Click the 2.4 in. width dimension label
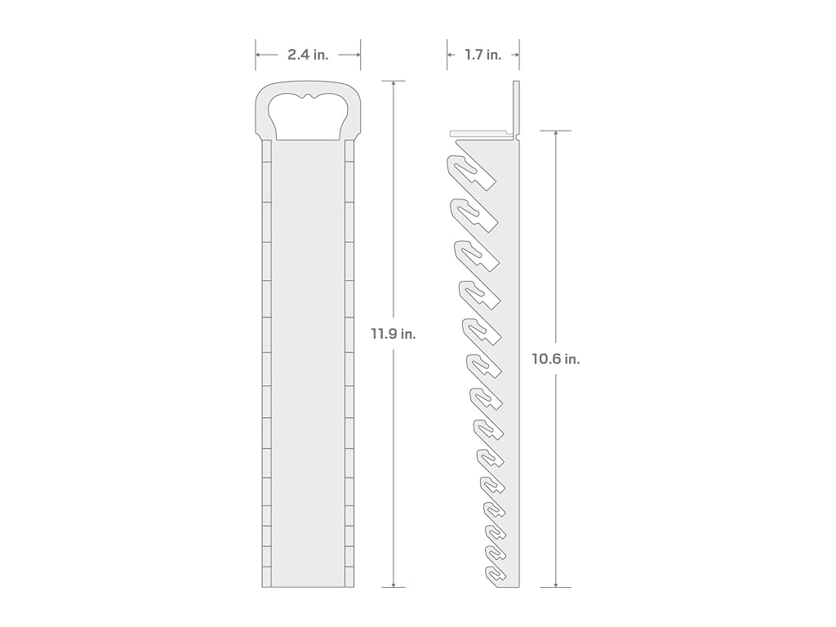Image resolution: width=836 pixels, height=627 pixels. (308, 55)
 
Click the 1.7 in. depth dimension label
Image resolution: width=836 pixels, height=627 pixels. (483, 55)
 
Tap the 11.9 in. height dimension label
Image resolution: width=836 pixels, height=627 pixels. (394, 334)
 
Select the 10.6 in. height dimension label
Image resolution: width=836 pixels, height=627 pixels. (555, 359)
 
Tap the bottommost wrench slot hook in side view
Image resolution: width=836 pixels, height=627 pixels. (496, 574)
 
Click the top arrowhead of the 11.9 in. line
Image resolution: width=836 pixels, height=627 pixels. (394, 84)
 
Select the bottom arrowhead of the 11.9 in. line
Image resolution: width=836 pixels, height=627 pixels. (394, 584)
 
